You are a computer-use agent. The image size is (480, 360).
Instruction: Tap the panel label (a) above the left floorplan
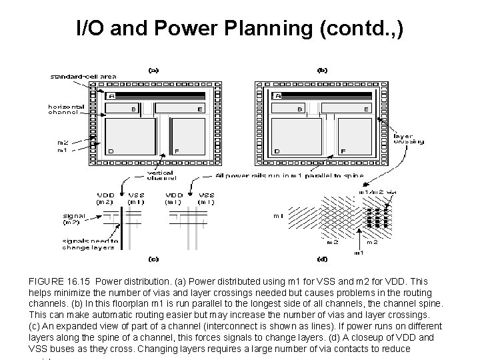click(x=153, y=69)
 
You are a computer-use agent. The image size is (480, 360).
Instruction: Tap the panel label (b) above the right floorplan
click(x=322, y=69)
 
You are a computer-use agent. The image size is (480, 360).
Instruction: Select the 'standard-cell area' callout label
click(x=83, y=76)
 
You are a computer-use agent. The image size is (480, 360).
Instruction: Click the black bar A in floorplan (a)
click(x=153, y=96)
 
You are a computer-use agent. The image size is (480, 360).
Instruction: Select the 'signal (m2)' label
click(x=76, y=219)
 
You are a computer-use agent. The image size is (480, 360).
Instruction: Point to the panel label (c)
click(x=153, y=258)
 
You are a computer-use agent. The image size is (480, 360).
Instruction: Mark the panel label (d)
click(x=322, y=258)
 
